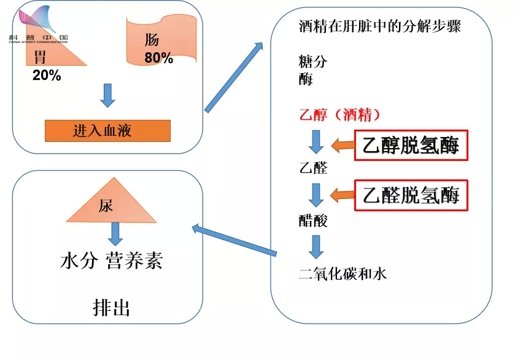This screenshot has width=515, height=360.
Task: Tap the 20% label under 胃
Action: [47, 76]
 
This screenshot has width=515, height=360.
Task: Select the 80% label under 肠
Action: [158, 59]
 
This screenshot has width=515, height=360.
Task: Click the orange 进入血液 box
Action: [107, 131]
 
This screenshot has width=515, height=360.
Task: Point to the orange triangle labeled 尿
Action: [111, 203]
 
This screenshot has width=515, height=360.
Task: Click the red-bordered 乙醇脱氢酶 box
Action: [411, 146]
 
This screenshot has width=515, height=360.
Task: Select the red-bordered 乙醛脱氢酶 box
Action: [411, 195]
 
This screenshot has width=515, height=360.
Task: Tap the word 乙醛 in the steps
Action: [312, 168]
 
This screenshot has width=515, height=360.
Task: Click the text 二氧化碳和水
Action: [343, 273]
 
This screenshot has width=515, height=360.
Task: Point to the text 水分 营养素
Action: [111, 261]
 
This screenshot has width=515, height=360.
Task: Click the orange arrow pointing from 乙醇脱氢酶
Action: [343, 146]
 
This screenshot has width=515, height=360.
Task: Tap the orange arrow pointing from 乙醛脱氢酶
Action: [343, 195]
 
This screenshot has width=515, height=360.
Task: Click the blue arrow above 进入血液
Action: [107, 96]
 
